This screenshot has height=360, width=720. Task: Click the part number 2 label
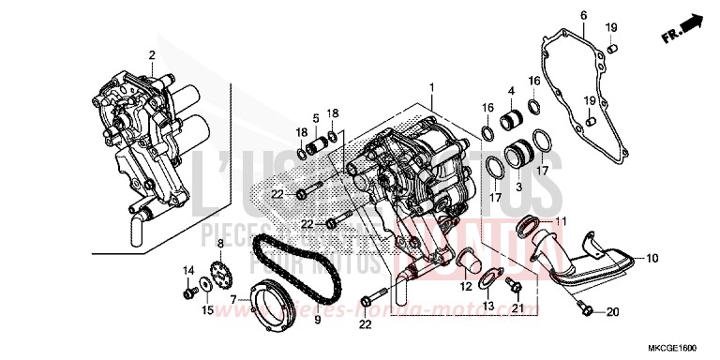click(x=151, y=55)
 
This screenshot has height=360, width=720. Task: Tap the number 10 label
click(x=652, y=257)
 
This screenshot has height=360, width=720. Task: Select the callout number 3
click(x=517, y=187)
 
